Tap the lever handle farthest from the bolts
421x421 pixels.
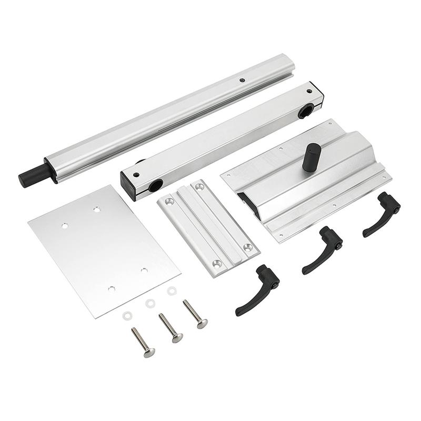(382, 213)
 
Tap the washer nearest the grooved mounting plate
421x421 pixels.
(171, 291)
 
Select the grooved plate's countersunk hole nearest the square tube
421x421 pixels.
(199, 186)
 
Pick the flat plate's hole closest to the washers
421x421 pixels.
(111, 288)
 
